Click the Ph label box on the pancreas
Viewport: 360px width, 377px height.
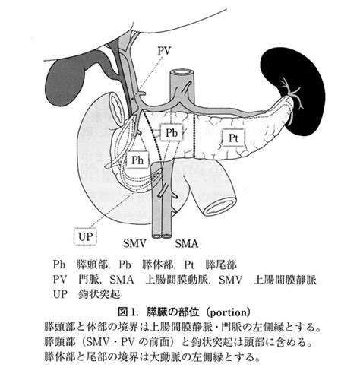[137, 160]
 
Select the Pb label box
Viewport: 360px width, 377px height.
[172, 132]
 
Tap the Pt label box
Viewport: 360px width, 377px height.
[233, 138]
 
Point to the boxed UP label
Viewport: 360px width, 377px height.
[85, 236]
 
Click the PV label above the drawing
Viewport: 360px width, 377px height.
[165, 51]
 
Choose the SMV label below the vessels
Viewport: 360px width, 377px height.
[134, 243]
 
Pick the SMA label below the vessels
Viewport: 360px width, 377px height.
[187, 243]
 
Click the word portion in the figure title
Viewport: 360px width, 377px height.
[229, 312]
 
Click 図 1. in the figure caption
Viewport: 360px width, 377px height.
[128, 312]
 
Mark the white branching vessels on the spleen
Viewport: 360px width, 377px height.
[292, 95]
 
